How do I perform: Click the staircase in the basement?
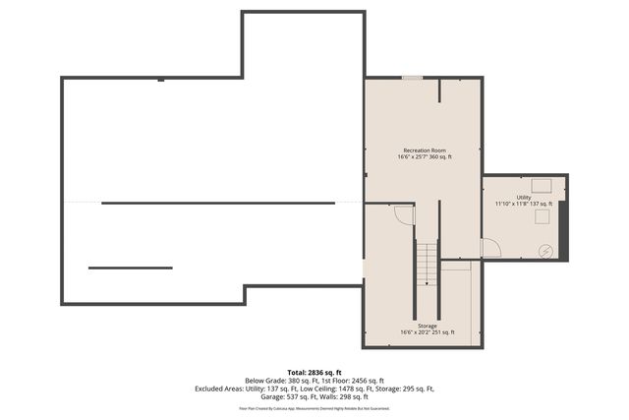pyautogui.click(x=426, y=264)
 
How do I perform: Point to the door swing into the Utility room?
pyautogui.click(x=490, y=247)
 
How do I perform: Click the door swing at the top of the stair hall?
pyautogui.click(x=404, y=215)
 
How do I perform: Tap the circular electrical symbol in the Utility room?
pyautogui.click(x=545, y=252)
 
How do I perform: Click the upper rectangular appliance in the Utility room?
pyautogui.click(x=542, y=183)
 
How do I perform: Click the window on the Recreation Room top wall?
pyautogui.click(x=412, y=78)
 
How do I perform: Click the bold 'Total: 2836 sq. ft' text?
pyautogui.click(x=314, y=372)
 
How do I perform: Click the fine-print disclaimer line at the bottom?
pyautogui.click(x=314, y=407)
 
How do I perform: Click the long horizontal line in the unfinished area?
pyautogui.click(x=218, y=203)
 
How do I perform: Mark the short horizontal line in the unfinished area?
pyautogui.click(x=130, y=268)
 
